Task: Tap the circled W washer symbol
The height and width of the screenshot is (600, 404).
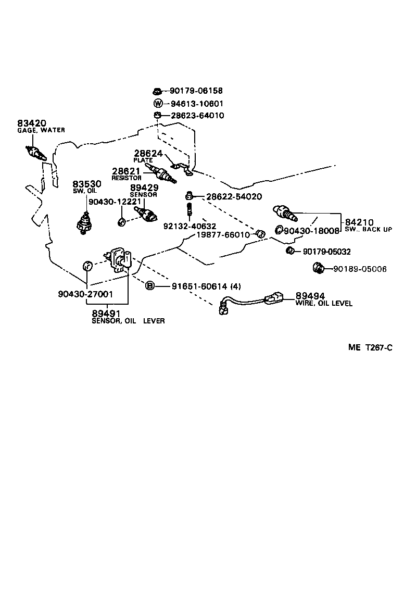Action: point(158,103)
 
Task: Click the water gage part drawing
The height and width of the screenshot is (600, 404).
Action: point(37,153)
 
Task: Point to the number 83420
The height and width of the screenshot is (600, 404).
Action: point(31,123)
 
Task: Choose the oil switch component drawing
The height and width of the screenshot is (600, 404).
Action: point(84,222)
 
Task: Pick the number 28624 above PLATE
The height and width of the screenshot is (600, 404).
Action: point(148,154)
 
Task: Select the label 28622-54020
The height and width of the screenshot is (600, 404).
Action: point(234,196)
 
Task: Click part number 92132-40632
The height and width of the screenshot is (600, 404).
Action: point(190,227)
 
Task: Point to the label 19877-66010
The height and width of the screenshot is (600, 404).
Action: point(223,235)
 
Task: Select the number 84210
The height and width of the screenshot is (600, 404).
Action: point(359,222)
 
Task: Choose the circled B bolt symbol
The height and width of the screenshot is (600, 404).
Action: point(150,285)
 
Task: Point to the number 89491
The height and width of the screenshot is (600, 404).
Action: point(106,314)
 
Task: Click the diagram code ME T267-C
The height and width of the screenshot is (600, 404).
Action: point(370,347)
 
